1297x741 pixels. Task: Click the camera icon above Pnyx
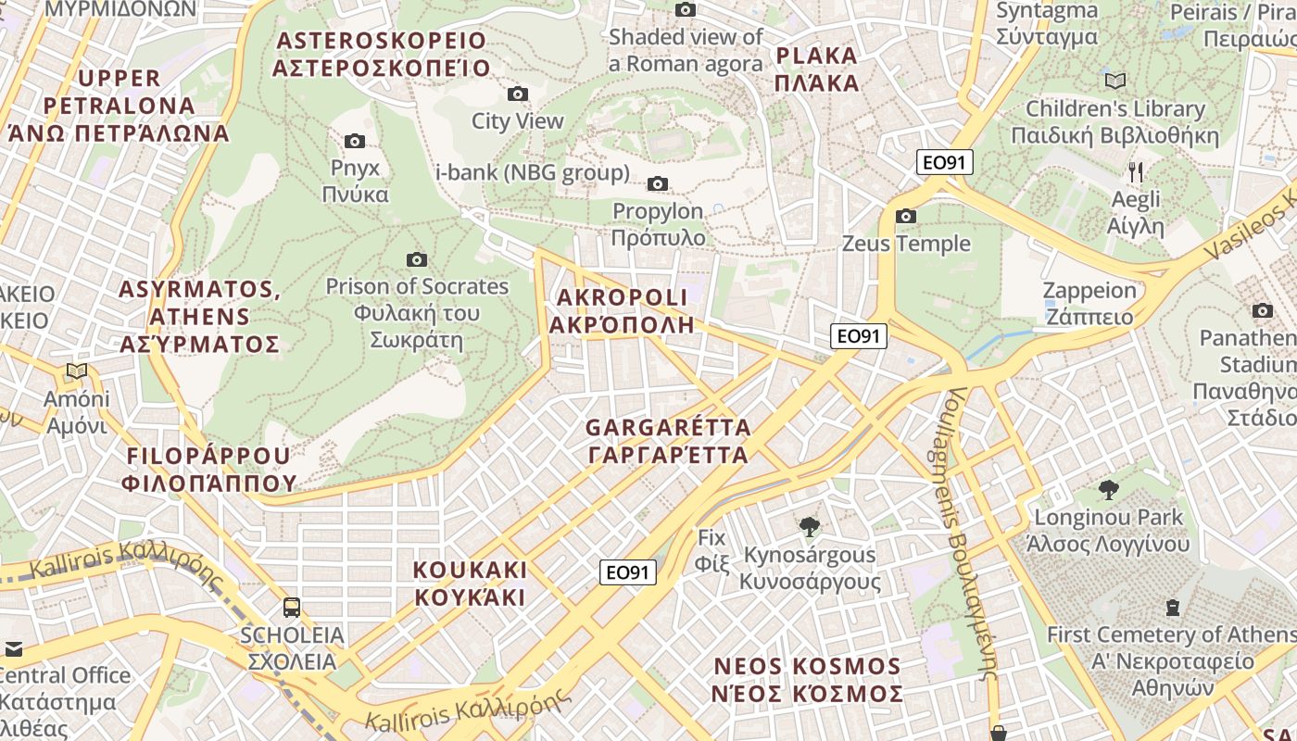point(354,141)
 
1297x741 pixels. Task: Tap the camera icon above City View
point(518,94)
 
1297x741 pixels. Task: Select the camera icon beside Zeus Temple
point(906,216)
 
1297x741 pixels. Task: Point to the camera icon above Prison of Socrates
point(417,259)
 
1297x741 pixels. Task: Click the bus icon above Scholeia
point(292,608)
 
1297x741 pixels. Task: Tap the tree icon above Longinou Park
point(1108,490)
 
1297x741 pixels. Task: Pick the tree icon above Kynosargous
point(810,527)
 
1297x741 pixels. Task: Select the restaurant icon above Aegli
point(1137,171)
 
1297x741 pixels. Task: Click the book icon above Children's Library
point(1115,81)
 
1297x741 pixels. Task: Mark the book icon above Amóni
point(77,371)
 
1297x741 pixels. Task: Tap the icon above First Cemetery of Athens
point(1173,608)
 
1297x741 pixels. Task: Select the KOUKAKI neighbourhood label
point(470,583)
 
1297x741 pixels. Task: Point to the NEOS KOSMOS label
point(807,680)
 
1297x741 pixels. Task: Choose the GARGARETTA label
point(668,441)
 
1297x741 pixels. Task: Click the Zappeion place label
point(1089,303)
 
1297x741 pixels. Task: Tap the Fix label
point(711,549)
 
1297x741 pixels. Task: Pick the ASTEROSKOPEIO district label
point(382,54)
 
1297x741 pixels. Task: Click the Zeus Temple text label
point(906,244)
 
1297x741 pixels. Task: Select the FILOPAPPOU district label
point(208,469)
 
